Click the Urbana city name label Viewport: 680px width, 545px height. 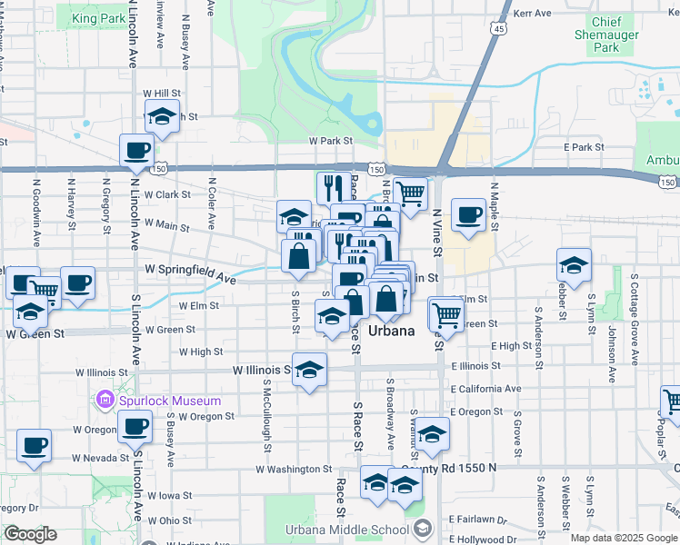point(392,332)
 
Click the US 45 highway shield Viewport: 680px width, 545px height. point(497,29)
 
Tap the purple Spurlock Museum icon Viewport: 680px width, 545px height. point(105,401)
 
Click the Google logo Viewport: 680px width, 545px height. point(30,534)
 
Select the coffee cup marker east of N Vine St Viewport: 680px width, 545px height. point(468,215)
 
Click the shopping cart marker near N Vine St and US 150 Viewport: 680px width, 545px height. point(411,192)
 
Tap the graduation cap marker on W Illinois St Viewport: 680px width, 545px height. point(310,370)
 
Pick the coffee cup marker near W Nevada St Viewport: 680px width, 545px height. point(34,445)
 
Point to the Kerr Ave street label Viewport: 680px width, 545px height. point(533,14)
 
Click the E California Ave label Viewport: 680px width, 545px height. point(485,389)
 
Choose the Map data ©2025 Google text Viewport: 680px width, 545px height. point(623,538)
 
